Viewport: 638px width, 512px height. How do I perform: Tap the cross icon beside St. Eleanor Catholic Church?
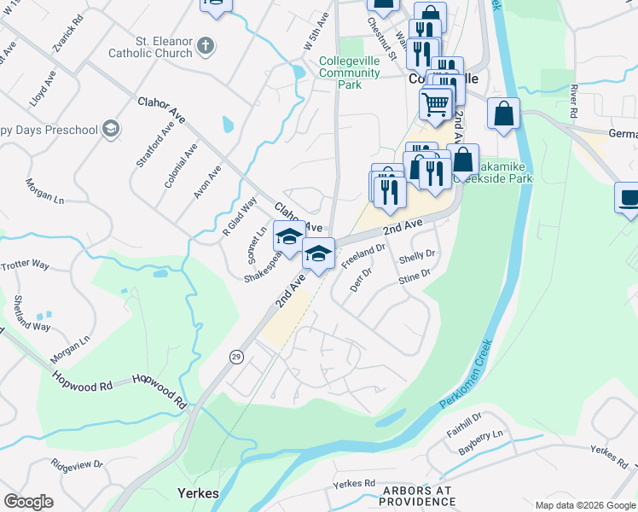click(x=205, y=46)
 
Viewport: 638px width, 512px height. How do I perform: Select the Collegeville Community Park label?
click(x=350, y=73)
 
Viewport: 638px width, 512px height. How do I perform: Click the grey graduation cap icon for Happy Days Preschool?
click(x=110, y=129)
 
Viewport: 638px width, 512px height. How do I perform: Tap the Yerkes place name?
click(x=198, y=493)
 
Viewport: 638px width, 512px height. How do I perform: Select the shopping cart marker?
click(x=436, y=104)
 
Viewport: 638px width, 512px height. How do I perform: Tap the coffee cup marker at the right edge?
click(x=629, y=197)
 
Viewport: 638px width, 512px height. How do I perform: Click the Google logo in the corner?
click(x=29, y=501)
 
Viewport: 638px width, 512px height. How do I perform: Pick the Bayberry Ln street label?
click(x=481, y=441)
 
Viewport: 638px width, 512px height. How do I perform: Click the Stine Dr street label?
click(x=415, y=276)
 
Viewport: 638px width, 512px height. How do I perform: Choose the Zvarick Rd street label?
click(x=68, y=32)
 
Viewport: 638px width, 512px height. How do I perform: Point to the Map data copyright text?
click(x=584, y=505)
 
